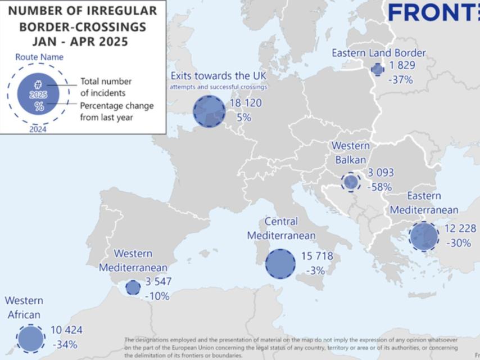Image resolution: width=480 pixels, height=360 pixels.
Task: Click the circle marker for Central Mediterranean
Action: click(x=280, y=264)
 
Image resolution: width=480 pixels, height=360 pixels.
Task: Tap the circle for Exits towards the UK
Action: click(x=209, y=111)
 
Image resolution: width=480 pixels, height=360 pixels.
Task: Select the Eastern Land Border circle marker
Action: click(x=378, y=69)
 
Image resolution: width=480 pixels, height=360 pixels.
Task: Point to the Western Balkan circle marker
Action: click(x=351, y=182)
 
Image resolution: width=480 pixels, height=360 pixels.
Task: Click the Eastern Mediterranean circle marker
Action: click(x=423, y=236)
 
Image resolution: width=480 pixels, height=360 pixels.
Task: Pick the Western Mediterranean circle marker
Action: click(x=133, y=287)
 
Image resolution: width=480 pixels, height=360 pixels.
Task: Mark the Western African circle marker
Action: click(x=30, y=339)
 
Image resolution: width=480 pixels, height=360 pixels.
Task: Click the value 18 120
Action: click(x=246, y=103)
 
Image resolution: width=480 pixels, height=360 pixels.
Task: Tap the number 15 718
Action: click(x=317, y=256)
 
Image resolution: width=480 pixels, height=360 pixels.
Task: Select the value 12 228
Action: click(x=460, y=228)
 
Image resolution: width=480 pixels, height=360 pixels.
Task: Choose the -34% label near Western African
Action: click(x=65, y=344)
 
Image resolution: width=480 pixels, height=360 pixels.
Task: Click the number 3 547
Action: click(x=159, y=282)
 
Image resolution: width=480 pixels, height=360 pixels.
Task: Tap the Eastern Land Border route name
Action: click(x=378, y=53)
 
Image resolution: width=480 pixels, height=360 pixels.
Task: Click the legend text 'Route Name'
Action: click(x=39, y=57)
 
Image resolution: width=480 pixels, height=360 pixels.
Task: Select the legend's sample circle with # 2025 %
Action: click(x=38, y=94)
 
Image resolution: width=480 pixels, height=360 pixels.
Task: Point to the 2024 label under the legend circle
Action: click(x=38, y=129)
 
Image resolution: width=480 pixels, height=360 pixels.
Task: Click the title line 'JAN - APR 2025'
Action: click(x=80, y=42)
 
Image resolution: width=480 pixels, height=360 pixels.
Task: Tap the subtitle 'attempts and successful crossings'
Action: click(x=218, y=87)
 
